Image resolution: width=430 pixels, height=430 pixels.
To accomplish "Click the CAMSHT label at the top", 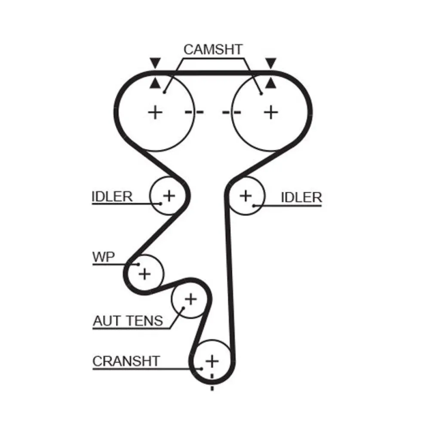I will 213,49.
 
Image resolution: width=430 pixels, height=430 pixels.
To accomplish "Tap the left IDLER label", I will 112,197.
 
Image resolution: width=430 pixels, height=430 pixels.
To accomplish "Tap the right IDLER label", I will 301,197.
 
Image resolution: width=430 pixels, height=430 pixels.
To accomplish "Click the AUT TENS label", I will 128,320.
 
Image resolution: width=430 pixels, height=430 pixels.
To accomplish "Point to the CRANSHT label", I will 126,361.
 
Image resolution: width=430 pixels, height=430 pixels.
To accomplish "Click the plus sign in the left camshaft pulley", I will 155,113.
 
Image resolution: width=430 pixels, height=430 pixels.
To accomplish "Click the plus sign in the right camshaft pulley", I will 270,113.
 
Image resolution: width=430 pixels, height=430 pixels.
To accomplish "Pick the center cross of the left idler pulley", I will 169,196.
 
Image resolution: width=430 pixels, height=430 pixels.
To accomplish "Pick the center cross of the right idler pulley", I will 246,196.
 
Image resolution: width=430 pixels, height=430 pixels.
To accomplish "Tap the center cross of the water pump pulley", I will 144,273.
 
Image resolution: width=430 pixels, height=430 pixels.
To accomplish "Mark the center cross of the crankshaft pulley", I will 212,360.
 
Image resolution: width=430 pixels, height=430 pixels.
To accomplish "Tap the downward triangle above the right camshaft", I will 270,63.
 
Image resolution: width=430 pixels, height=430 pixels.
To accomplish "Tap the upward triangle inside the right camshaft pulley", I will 270,83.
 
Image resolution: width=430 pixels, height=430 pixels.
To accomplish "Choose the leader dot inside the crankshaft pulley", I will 201,369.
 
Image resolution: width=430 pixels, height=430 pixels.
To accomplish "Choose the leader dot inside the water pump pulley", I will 138,264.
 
